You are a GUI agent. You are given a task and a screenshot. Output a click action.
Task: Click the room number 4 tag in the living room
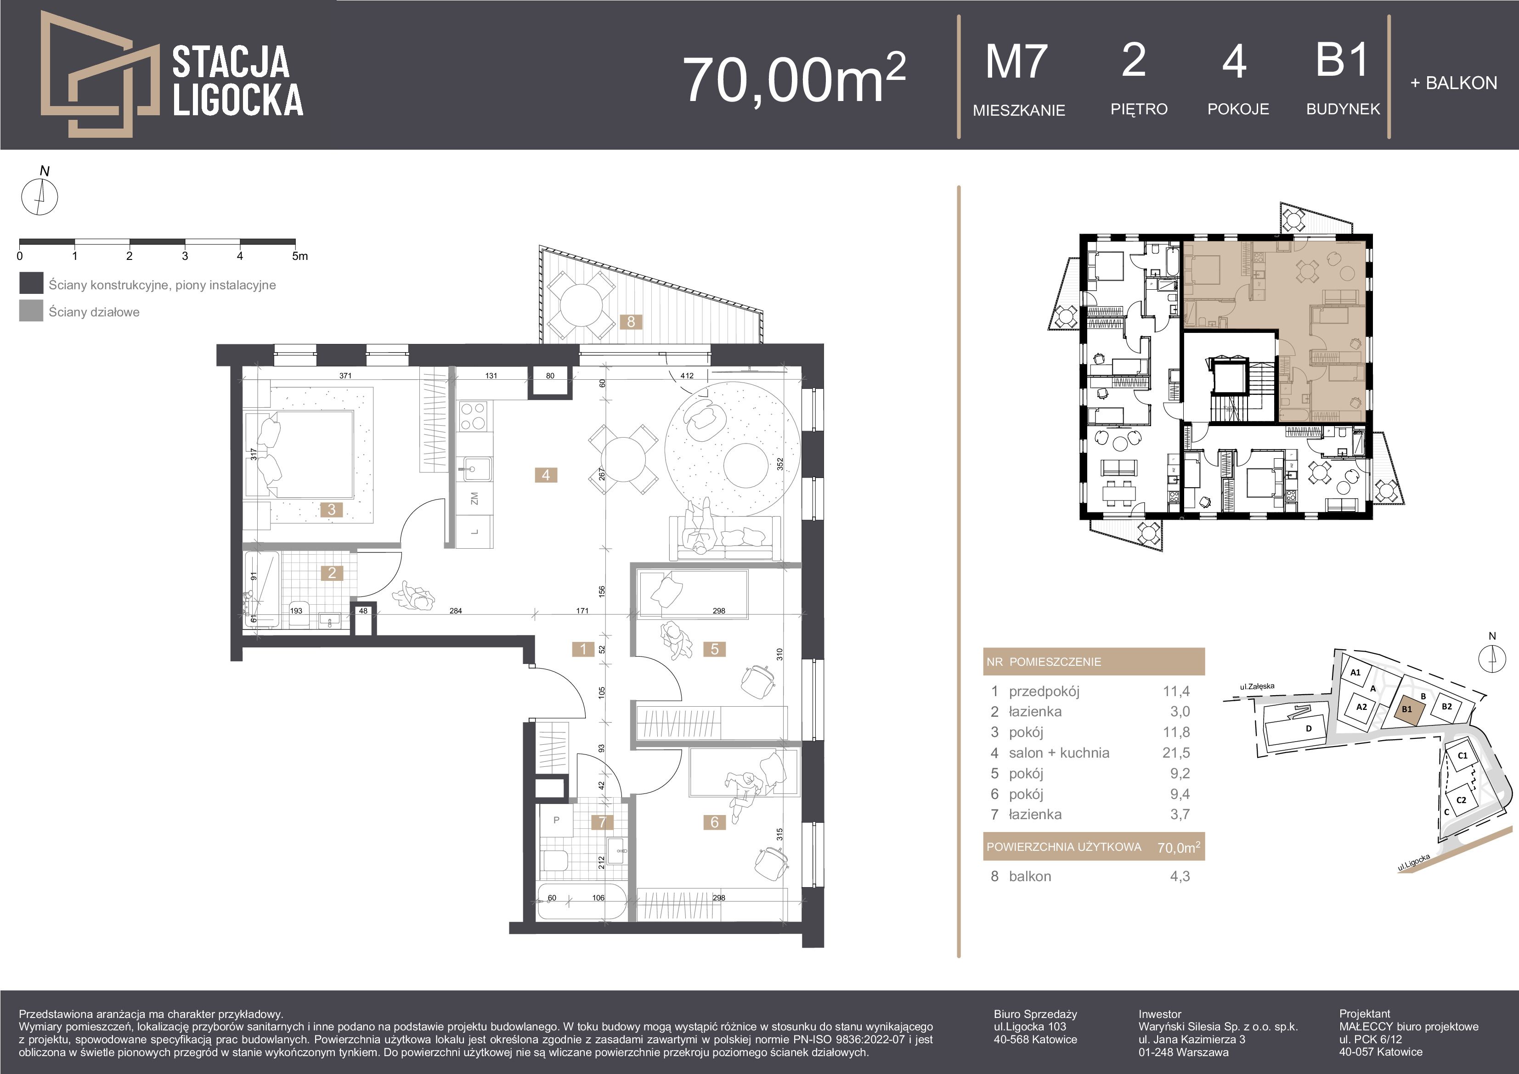(x=546, y=475)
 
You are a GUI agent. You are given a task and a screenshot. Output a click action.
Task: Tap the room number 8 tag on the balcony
(x=631, y=321)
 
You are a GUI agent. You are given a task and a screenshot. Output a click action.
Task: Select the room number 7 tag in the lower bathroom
(x=602, y=822)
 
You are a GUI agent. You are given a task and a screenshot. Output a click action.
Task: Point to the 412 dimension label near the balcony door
(x=687, y=376)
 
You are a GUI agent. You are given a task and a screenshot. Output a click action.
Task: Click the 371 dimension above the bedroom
(x=345, y=376)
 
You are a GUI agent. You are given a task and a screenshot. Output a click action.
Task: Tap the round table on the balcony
(x=580, y=305)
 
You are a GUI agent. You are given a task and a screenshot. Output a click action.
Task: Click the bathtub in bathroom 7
(x=582, y=901)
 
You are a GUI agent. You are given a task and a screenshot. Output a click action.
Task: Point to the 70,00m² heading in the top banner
(x=794, y=79)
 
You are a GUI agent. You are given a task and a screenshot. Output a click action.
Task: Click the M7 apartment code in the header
(x=1016, y=62)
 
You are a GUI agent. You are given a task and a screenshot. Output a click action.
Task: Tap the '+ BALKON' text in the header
(x=1453, y=83)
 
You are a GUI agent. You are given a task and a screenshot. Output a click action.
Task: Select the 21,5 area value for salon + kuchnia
(x=1176, y=753)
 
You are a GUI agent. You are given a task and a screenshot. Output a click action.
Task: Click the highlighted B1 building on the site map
(x=1407, y=709)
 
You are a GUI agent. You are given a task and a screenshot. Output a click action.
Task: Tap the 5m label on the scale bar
(x=299, y=256)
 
